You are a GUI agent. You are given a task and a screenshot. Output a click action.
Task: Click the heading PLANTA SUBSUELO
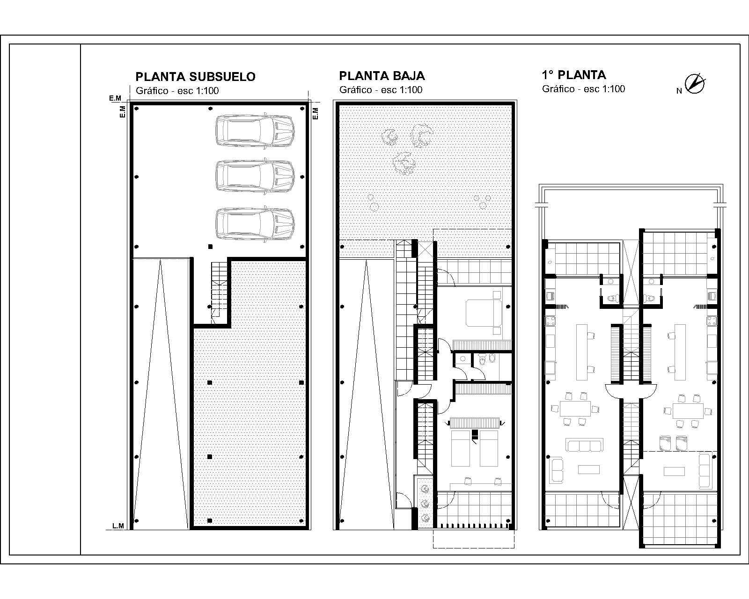195,77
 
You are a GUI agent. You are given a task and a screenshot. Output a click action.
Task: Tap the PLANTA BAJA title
382,76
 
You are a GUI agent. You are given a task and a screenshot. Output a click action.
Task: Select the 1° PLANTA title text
574,75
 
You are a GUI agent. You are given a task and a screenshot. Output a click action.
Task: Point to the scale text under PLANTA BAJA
381,90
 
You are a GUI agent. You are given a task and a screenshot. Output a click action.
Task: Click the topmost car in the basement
255,131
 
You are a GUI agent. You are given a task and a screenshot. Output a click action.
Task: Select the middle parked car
255,177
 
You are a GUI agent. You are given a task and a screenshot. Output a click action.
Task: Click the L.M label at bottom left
118,526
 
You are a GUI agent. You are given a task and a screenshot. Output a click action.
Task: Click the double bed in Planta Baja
483,313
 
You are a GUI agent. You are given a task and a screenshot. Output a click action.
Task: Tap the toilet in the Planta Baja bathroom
491,358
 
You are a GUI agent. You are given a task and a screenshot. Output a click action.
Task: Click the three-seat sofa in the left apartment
584,445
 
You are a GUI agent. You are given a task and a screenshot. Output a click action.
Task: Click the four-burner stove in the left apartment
551,321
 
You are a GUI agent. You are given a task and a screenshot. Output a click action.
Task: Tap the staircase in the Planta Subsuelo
219,290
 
